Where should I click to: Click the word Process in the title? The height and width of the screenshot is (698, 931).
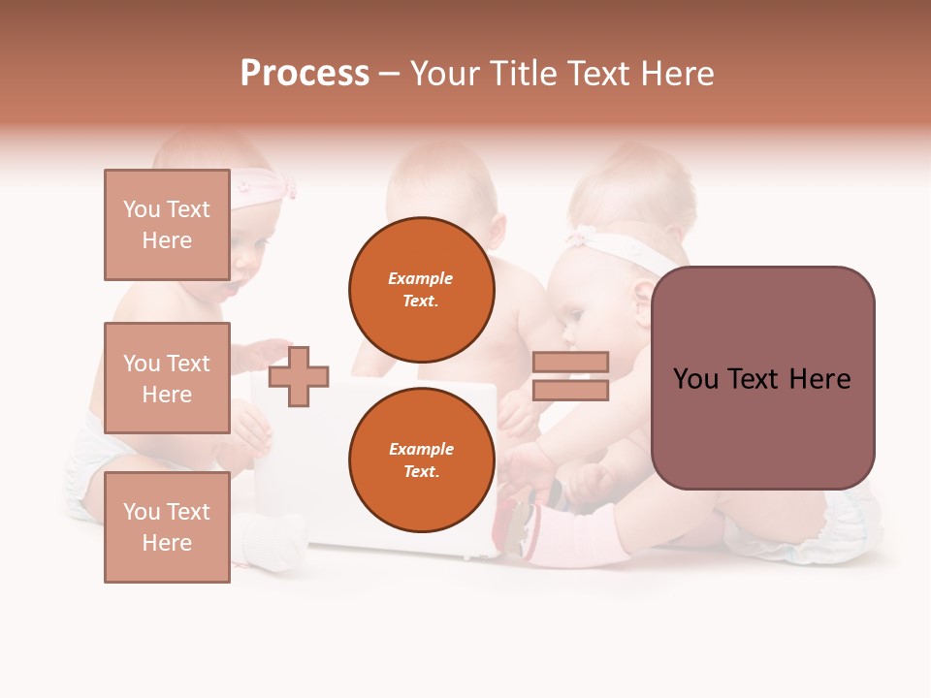305,74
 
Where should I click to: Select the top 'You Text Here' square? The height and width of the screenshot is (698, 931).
167,225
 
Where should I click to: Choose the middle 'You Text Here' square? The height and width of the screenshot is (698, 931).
167,378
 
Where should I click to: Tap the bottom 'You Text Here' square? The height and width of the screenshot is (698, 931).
167,527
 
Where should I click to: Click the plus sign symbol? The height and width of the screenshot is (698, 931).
299,376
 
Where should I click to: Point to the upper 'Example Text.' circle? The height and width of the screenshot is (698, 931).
421,289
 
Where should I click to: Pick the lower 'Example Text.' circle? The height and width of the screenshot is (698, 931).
421,460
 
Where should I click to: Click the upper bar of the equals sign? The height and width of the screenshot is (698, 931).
570,362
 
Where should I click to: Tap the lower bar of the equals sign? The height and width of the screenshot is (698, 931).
570,391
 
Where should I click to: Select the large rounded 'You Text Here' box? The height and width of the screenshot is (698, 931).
762,378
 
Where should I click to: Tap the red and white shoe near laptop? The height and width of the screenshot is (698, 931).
516,523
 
